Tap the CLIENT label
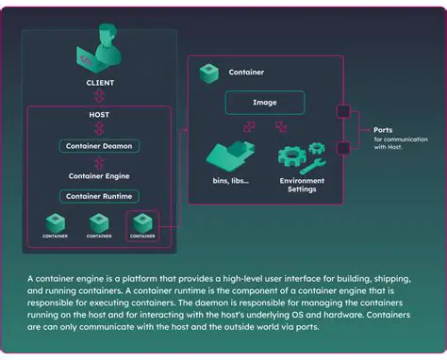tap(98, 83)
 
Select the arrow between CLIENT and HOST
tap(98, 96)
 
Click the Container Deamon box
tap(98, 146)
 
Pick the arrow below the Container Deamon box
tap(98, 161)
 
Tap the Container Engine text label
tap(98, 175)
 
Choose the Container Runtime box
tap(98, 196)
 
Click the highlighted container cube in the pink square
tap(142, 223)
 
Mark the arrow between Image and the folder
tap(248, 125)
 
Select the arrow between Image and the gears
tap(283, 125)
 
